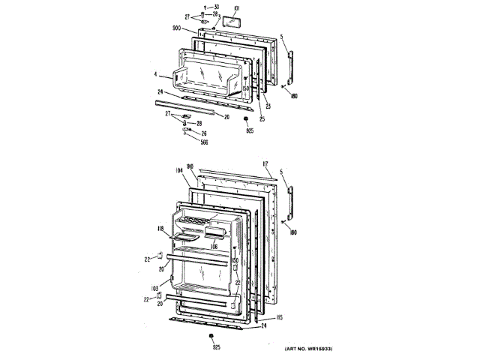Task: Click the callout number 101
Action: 235,8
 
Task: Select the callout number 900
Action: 175,29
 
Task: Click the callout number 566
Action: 204,142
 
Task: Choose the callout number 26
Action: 203,133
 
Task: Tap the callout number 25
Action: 262,118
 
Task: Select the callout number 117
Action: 266,163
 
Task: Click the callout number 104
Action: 178,171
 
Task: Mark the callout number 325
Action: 215,347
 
